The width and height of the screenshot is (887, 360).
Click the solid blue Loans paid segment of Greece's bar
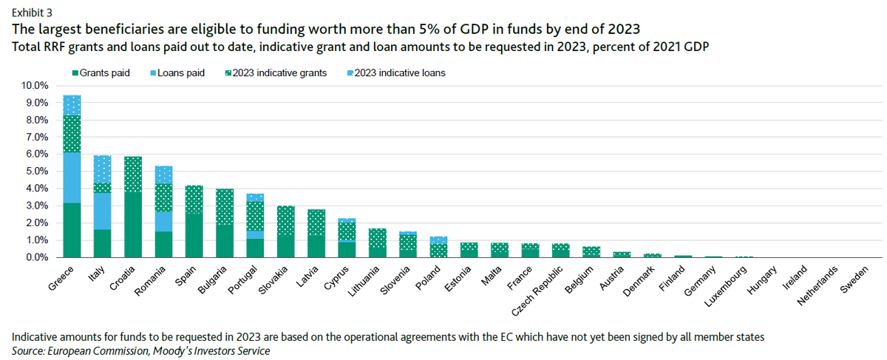pos(72,177)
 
